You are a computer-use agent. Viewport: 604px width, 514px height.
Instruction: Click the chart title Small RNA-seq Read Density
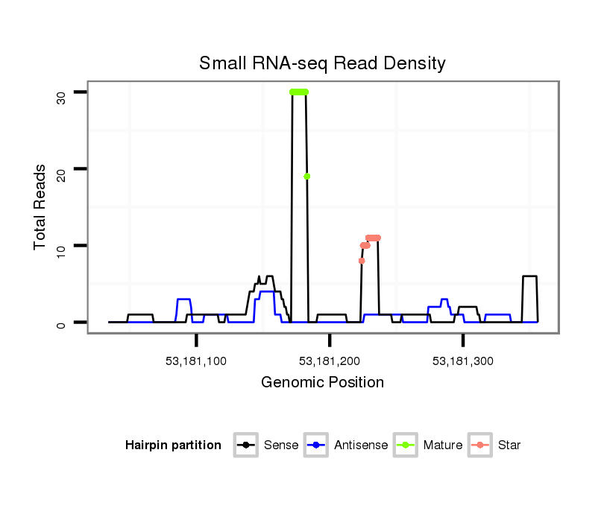322,63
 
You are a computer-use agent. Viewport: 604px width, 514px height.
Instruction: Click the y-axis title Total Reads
40,206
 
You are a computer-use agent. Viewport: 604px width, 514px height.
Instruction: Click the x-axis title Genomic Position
322,383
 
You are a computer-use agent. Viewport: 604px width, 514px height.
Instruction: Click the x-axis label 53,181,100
196,361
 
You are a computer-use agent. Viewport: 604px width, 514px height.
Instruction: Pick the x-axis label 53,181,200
330,361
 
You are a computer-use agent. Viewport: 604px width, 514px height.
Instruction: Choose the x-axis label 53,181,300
463,361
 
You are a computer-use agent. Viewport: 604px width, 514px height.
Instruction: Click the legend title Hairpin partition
173,445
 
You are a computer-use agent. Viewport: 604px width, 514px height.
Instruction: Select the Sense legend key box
246,445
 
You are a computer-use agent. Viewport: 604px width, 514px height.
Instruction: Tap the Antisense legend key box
317,445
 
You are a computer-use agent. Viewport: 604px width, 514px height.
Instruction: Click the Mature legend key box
406,445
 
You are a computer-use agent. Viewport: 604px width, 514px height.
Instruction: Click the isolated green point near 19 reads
306,177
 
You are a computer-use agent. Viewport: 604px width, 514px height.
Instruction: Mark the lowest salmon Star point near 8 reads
362,261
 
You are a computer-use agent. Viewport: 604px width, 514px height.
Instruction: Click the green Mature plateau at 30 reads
299,92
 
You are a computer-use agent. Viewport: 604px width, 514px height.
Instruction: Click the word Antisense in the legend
361,445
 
